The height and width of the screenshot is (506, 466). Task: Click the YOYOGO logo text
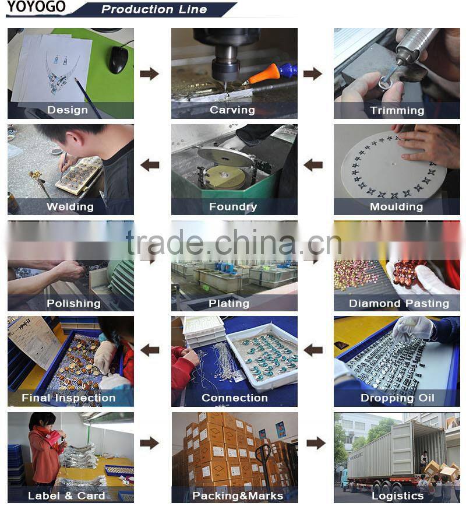(x=37, y=6)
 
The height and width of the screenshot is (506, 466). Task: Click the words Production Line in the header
(x=154, y=9)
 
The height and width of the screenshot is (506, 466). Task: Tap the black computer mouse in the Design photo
(x=118, y=59)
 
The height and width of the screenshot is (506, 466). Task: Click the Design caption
(x=68, y=110)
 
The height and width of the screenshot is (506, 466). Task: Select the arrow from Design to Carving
(x=150, y=74)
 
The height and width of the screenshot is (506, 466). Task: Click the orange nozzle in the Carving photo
(x=262, y=75)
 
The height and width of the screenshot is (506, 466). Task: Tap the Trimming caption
(x=397, y=110)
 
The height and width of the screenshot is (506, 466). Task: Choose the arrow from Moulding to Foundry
(x=313, y=165)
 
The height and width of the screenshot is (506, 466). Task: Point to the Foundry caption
(x=233, y=206)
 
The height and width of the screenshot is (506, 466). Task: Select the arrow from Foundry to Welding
(x=150, y=165)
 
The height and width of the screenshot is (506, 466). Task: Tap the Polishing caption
(x=73, y=303)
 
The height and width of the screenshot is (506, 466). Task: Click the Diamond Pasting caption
(x=399, y=303)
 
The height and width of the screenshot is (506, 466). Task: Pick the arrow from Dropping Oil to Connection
(x=313, y=350)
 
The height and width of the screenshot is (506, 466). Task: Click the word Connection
(x=234, y=398)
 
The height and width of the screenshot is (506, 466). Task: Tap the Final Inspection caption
(x=68, y=398)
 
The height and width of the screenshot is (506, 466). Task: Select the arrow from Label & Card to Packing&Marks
(x=150, y=443)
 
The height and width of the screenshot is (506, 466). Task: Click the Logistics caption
(x=398, y=496)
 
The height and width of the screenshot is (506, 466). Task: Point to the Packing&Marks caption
(x=238, y=496)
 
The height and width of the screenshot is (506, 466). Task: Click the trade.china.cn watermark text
(x=234, y=243)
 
